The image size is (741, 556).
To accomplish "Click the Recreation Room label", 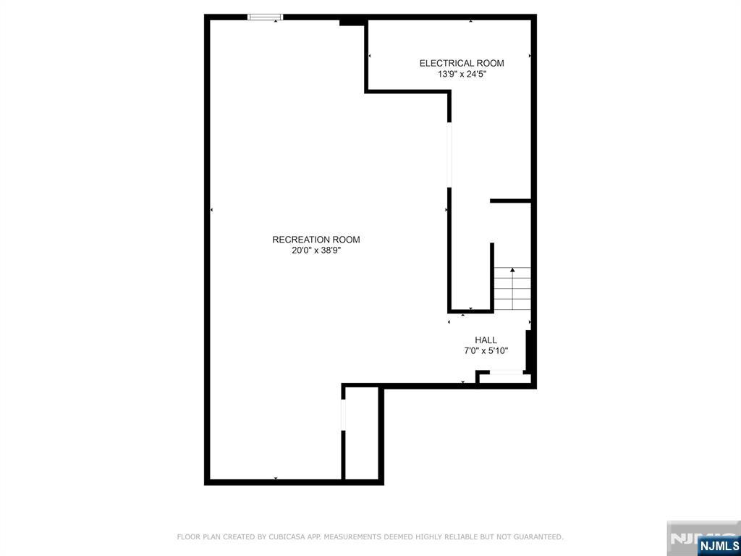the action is pyautogui.click(x=316, y=240).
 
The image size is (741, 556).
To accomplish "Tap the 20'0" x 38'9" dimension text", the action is pyautogui.click(x=316, y=251).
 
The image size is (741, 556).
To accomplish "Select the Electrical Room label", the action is pyautogui.click(x=462, y=63).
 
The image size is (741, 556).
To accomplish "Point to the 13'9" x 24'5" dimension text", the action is pyautogui.click(x=462, y=75).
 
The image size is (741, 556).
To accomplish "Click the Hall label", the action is pyautogui.click(x=486, y=340).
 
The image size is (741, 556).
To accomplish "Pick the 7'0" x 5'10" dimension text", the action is pyautogui.click(x=486, y=351).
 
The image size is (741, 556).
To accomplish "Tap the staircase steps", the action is pyautogui.click(x=512, y=288).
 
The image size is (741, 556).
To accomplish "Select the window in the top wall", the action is pyautogui.click(x=266, y=17).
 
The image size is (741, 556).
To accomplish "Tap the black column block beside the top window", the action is pyautogui.click(x=351, y=21).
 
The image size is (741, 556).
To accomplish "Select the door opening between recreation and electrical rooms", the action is pyautogui.click(x=449, y=155).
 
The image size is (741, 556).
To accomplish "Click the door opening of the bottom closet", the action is pyautogui.click(x=344, y=415).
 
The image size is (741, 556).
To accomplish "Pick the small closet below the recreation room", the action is pyautogui.click(x=362, y=434).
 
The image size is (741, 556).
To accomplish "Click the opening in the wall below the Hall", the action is pyautogui.click(x=505, y=373).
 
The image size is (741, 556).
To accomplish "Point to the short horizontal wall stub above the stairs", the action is pyautogui.click(x=511, y=201).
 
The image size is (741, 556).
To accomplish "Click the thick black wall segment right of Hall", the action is pyautogui.click(x=529, y=350).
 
